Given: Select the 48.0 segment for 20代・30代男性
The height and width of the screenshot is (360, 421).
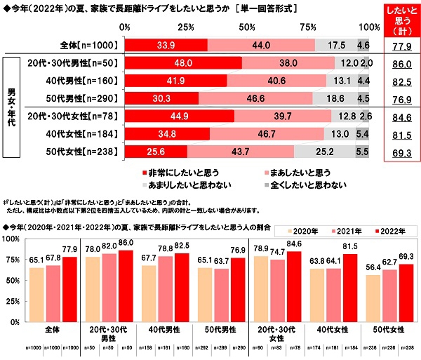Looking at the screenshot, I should pos(183,63).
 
